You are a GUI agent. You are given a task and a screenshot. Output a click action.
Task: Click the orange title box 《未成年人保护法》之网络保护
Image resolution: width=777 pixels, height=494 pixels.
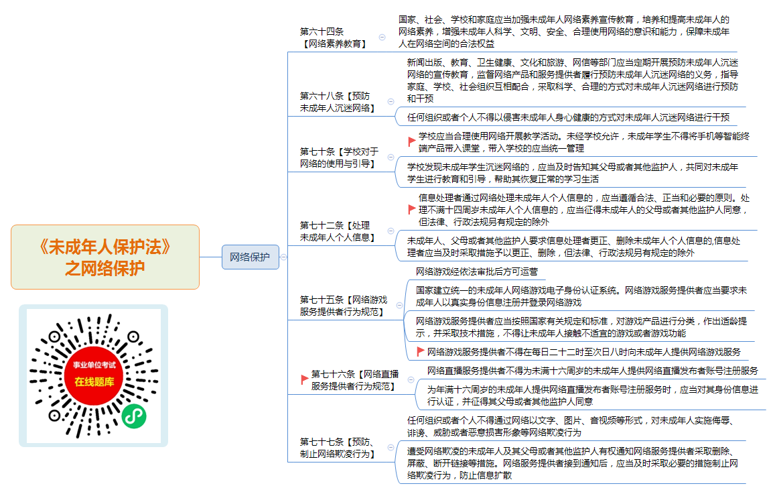pyautogui.click(x=105, y=257)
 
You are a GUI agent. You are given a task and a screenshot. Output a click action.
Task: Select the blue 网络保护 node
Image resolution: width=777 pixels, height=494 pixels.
pyautogui.click(x=251, y=257)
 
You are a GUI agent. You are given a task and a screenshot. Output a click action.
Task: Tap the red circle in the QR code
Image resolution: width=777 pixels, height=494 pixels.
pyautogui.click(x=94, y=375)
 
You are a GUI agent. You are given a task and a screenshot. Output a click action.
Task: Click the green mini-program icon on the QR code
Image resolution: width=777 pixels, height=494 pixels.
pyautogui.click(x=134, y=416)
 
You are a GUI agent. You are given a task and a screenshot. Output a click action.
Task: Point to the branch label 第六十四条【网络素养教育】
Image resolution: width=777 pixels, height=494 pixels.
pyautogui.click(x=334, y=38)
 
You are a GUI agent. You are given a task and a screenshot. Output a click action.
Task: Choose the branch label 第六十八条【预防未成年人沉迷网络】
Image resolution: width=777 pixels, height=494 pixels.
pyautogui.click(x=338, y=102)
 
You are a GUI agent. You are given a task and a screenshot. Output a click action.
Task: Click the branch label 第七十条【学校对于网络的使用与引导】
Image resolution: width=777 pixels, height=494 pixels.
pyautogui.click(x=339, y=158)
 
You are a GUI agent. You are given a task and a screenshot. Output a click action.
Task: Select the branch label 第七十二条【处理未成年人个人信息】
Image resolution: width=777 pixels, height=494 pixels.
pyautogui.click(x=338, y=231)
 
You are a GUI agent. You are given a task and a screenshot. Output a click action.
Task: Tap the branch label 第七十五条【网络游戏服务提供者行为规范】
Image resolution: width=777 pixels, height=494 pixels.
pyautogui.click(x=344, y=306)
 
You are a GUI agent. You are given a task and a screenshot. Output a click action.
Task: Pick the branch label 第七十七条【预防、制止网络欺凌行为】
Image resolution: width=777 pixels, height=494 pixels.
pyautogui.click(x=338, y=447)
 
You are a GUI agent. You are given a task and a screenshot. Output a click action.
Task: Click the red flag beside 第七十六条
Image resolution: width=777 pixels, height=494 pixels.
pyautogui.click(x=305, y=380)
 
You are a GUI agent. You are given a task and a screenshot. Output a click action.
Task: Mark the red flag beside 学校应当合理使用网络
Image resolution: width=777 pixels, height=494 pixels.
pyautogui.click(x=412, y=142)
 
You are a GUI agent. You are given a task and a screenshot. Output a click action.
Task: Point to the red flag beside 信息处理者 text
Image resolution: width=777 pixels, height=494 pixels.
pyautogui.click(x=412, y=209)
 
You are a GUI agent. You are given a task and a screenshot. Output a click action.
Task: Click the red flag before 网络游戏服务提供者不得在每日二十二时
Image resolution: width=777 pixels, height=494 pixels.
pyautogui.click(x=420, y=352)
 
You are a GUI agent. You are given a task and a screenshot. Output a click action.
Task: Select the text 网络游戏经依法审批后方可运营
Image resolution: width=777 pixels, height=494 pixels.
pyautogui.click(x=477, y=271)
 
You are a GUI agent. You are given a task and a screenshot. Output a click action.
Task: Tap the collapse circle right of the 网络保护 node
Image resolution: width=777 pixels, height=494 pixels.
pyautogui.click(x=284, y=257)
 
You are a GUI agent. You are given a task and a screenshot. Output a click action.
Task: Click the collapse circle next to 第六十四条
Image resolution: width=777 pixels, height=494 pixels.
pyautogui.click(x=382, y=37)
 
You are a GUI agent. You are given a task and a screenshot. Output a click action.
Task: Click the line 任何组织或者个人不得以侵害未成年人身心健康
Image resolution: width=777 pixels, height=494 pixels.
pyautogui.click(x=569, y=117)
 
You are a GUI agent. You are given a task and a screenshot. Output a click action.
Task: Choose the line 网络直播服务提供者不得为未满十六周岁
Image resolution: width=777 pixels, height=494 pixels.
pyautogui.click(x=593, y=371)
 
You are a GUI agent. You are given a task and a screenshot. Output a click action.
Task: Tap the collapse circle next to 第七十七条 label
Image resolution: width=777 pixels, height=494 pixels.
pyautogui.click(x=391, y=447)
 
